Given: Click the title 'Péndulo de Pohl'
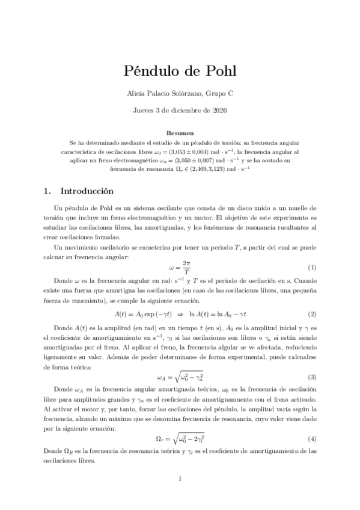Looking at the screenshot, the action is pos(180,72).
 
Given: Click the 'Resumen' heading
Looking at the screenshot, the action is pos(180,133).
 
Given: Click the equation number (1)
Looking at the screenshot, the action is pos(312,268).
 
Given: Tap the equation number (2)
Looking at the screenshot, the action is pos(312,315).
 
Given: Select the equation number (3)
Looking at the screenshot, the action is pos(312,377).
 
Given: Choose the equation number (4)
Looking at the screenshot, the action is pos(312,438).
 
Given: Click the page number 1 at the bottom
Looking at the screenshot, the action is pos(180,479).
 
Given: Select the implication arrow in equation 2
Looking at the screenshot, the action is pos(178,315).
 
